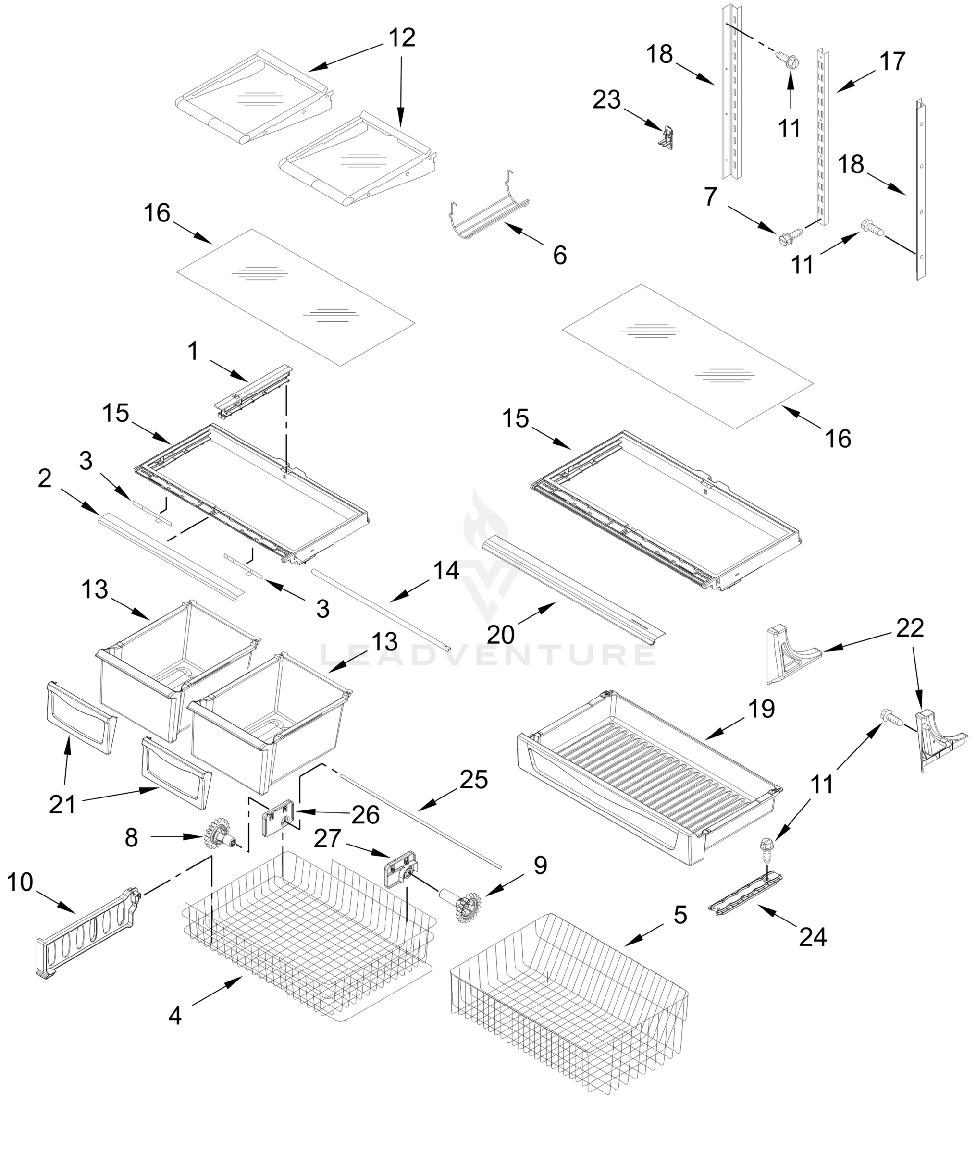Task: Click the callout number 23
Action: pyautogui.click(x=606, y=100)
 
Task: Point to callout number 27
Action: pyautogui.click(x=328, y=838)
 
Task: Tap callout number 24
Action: pyautogui.click(x=813, y=937)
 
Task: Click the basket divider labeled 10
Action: pyautogui.click(x=88, y=933)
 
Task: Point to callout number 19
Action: pyautogui.click(x=761, y=709)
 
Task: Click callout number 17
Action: pyautogui.click(x=892, y=61)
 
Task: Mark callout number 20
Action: pyautogui.click(x=500, y=635)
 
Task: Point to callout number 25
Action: pyautogui.click(x=474, y=780)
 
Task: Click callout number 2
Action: pyautogui.click(x=45, y=479)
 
